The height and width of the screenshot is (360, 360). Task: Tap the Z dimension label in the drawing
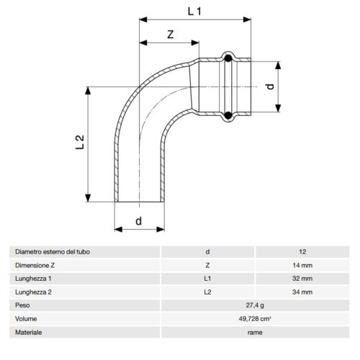169,35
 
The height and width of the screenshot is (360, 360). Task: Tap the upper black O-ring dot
228,58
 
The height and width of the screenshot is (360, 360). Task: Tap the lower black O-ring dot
228,114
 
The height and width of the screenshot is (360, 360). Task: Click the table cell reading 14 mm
302,265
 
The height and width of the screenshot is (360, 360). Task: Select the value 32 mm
302,278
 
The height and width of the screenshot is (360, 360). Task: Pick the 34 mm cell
302,292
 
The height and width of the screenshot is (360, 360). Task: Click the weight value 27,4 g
254,305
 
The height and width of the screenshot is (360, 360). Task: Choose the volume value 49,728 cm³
254,318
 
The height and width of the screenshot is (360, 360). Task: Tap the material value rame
254,332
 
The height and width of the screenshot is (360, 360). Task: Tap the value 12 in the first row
302,251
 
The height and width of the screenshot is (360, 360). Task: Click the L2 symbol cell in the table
207,292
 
